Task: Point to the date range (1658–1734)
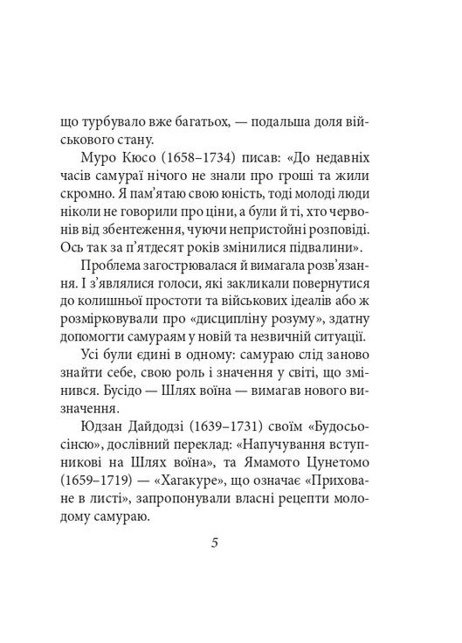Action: [209, 157]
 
